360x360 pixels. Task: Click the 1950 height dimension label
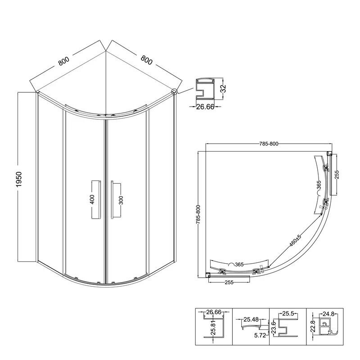(19, 179)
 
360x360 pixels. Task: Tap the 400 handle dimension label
(92, 199)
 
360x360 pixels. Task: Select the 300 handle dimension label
(121, 200)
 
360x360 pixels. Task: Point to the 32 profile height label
(223, 88)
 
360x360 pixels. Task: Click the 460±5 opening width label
(295, 241)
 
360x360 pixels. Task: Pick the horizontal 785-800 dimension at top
(269, 144)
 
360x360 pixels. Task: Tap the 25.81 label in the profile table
(213, 329)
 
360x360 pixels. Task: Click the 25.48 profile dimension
(251, 319)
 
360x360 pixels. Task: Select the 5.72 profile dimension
(260, 335)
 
